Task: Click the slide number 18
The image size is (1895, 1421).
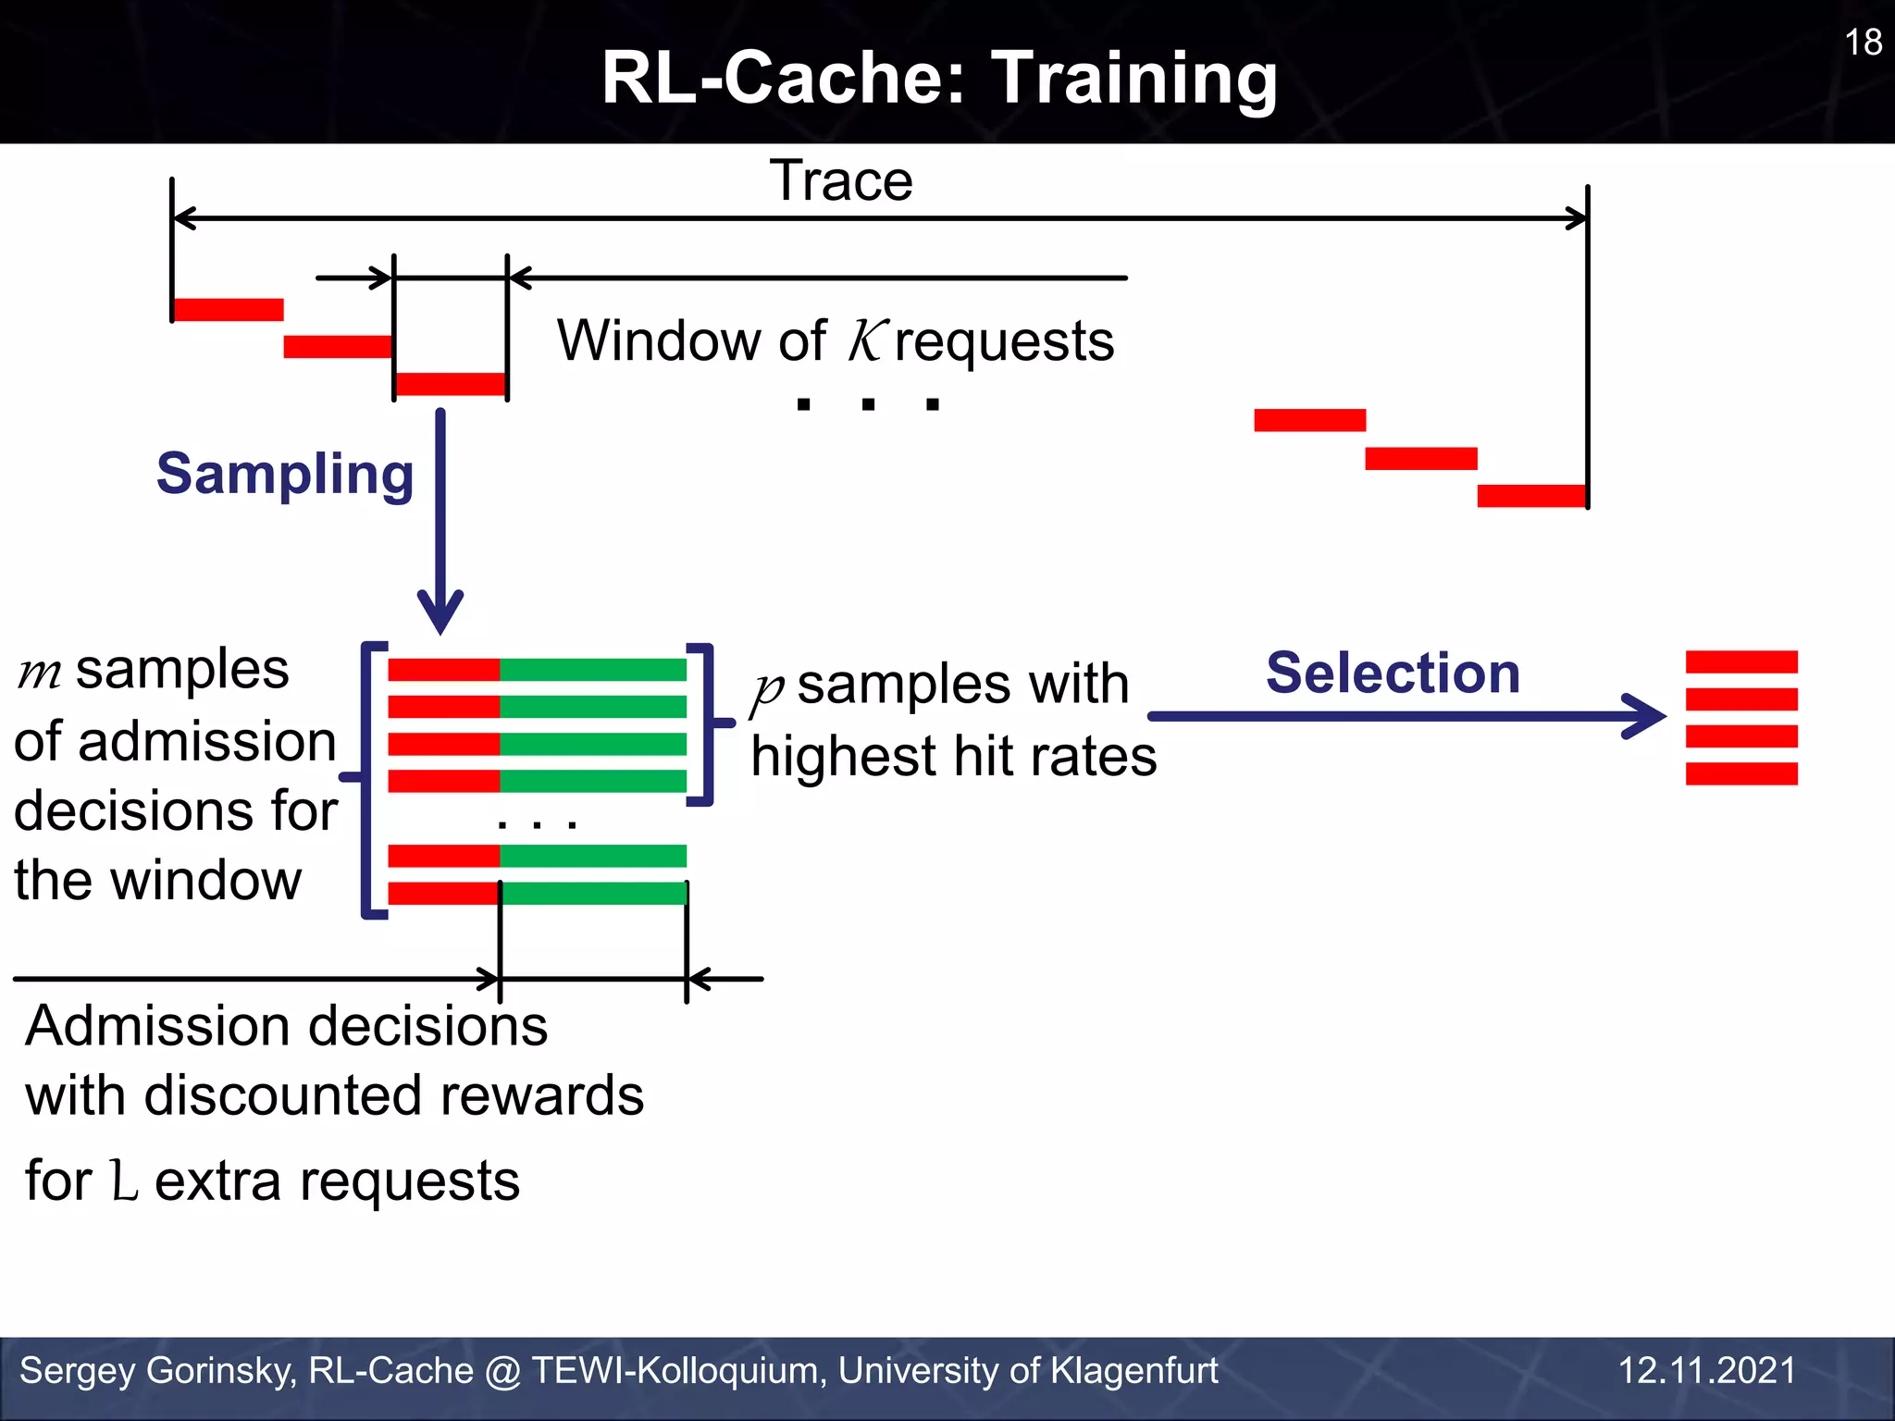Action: tap(1863, 43)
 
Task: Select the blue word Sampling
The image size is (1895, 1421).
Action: tap(285, 474)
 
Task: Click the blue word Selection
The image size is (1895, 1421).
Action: tap(1393, 673)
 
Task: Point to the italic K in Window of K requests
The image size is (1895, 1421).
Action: tap(867, 340)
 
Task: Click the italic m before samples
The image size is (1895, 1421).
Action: tap(40, 673)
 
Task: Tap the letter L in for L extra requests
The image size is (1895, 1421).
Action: tap(124, 1181)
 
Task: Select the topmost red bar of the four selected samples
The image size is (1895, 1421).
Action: tap(1740, 661)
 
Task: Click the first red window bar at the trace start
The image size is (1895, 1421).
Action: tap(228, 310)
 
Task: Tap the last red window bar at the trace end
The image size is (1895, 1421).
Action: tap(1531, 496)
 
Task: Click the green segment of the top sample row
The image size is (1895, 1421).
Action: tap(592, 670)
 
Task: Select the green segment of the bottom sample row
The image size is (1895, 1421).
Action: tap(592, 894)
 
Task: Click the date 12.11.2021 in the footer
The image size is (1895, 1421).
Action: tap(1706, 1370)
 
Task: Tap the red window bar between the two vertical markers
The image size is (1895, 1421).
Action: tap(451, 384)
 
